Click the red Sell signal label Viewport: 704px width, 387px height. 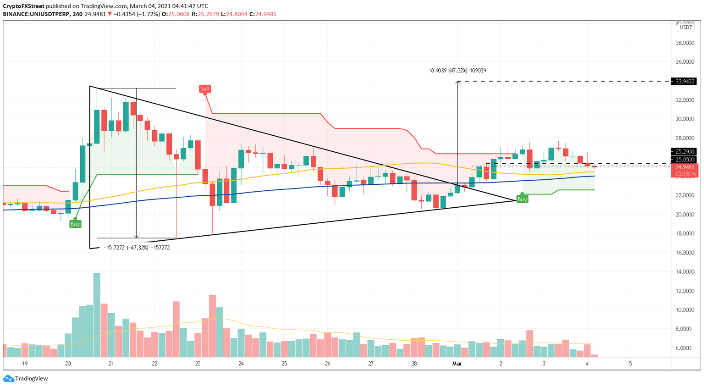pos(205,88)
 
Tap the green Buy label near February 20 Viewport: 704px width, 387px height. pos(75,224)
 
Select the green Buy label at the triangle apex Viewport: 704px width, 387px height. pos(522,199)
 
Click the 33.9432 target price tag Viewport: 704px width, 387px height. pos(683,81)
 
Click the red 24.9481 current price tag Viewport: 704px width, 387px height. pos(685,167)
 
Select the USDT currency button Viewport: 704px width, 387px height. pos(685,28)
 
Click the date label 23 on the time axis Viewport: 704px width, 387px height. pos(198,364)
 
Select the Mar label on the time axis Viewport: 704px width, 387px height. pos(456,364)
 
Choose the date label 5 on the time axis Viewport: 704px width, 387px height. pos(630,364)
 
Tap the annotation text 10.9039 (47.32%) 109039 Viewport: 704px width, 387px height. pos(457,71)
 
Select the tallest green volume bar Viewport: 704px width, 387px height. pos(97,315)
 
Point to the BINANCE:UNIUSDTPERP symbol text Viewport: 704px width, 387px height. pos(36,14)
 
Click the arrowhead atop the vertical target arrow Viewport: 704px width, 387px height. pos(457,82)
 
